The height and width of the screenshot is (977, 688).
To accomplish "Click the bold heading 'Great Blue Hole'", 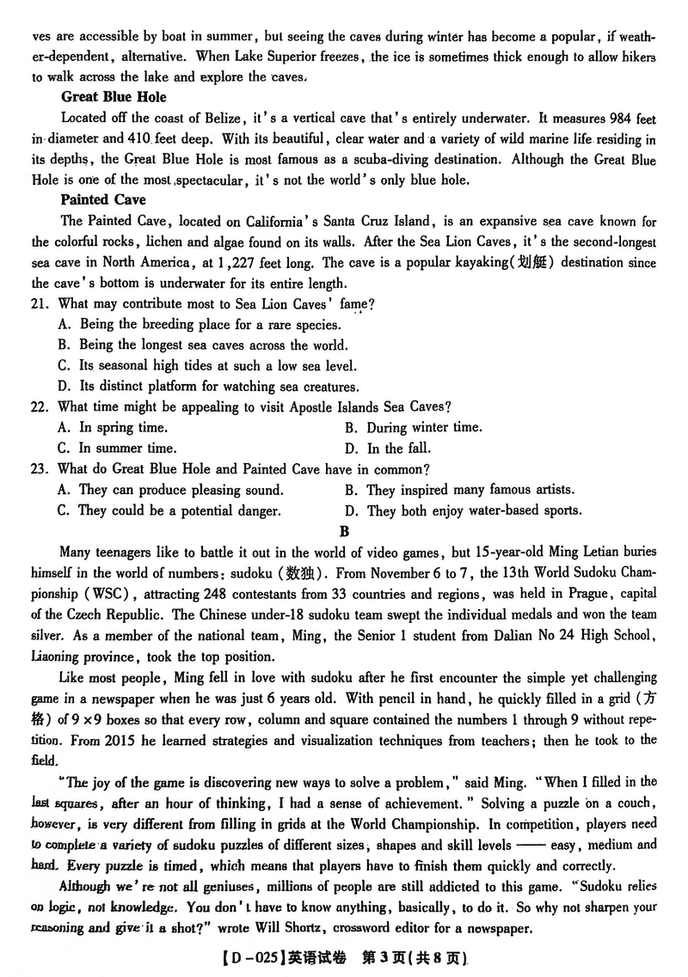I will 114,97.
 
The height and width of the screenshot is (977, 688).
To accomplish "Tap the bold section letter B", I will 344,531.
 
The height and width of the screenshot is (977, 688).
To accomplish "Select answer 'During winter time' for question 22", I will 424,427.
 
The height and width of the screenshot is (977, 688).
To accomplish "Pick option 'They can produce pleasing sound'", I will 180,490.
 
